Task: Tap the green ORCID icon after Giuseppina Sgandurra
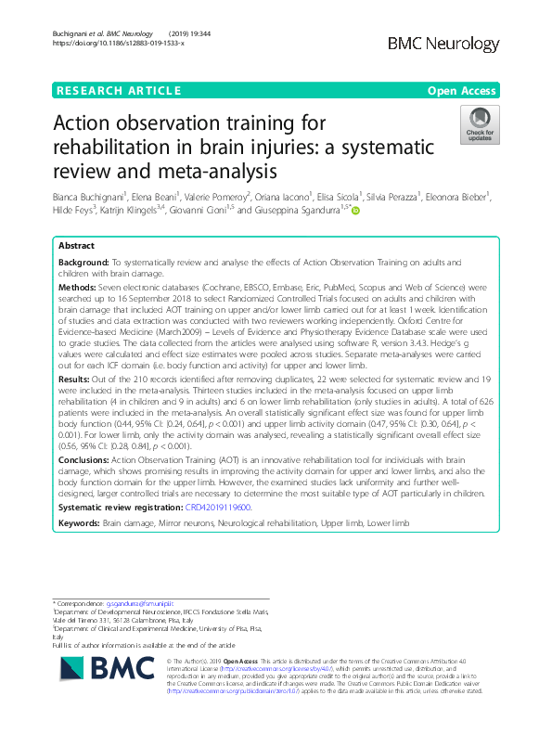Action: click(x=354, y=211)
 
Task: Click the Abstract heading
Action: click(x=76, y=247)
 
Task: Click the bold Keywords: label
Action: click(x=79, y=523)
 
